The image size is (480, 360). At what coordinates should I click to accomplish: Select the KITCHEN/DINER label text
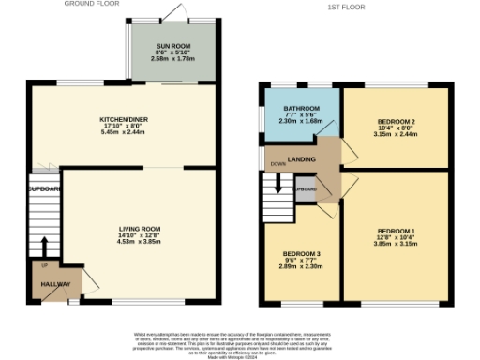pos(124,120)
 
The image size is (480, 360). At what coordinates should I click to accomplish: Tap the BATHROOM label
pos(302,109)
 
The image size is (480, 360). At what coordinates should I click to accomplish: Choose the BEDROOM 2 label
pos(397,121)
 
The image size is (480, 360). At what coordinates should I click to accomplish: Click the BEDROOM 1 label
pos(397,231)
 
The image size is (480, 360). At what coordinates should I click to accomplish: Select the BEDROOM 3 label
pos(302,253)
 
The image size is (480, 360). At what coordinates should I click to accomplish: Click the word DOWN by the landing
pos(278,164)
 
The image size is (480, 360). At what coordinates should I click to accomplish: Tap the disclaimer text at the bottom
pos(240,342)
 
